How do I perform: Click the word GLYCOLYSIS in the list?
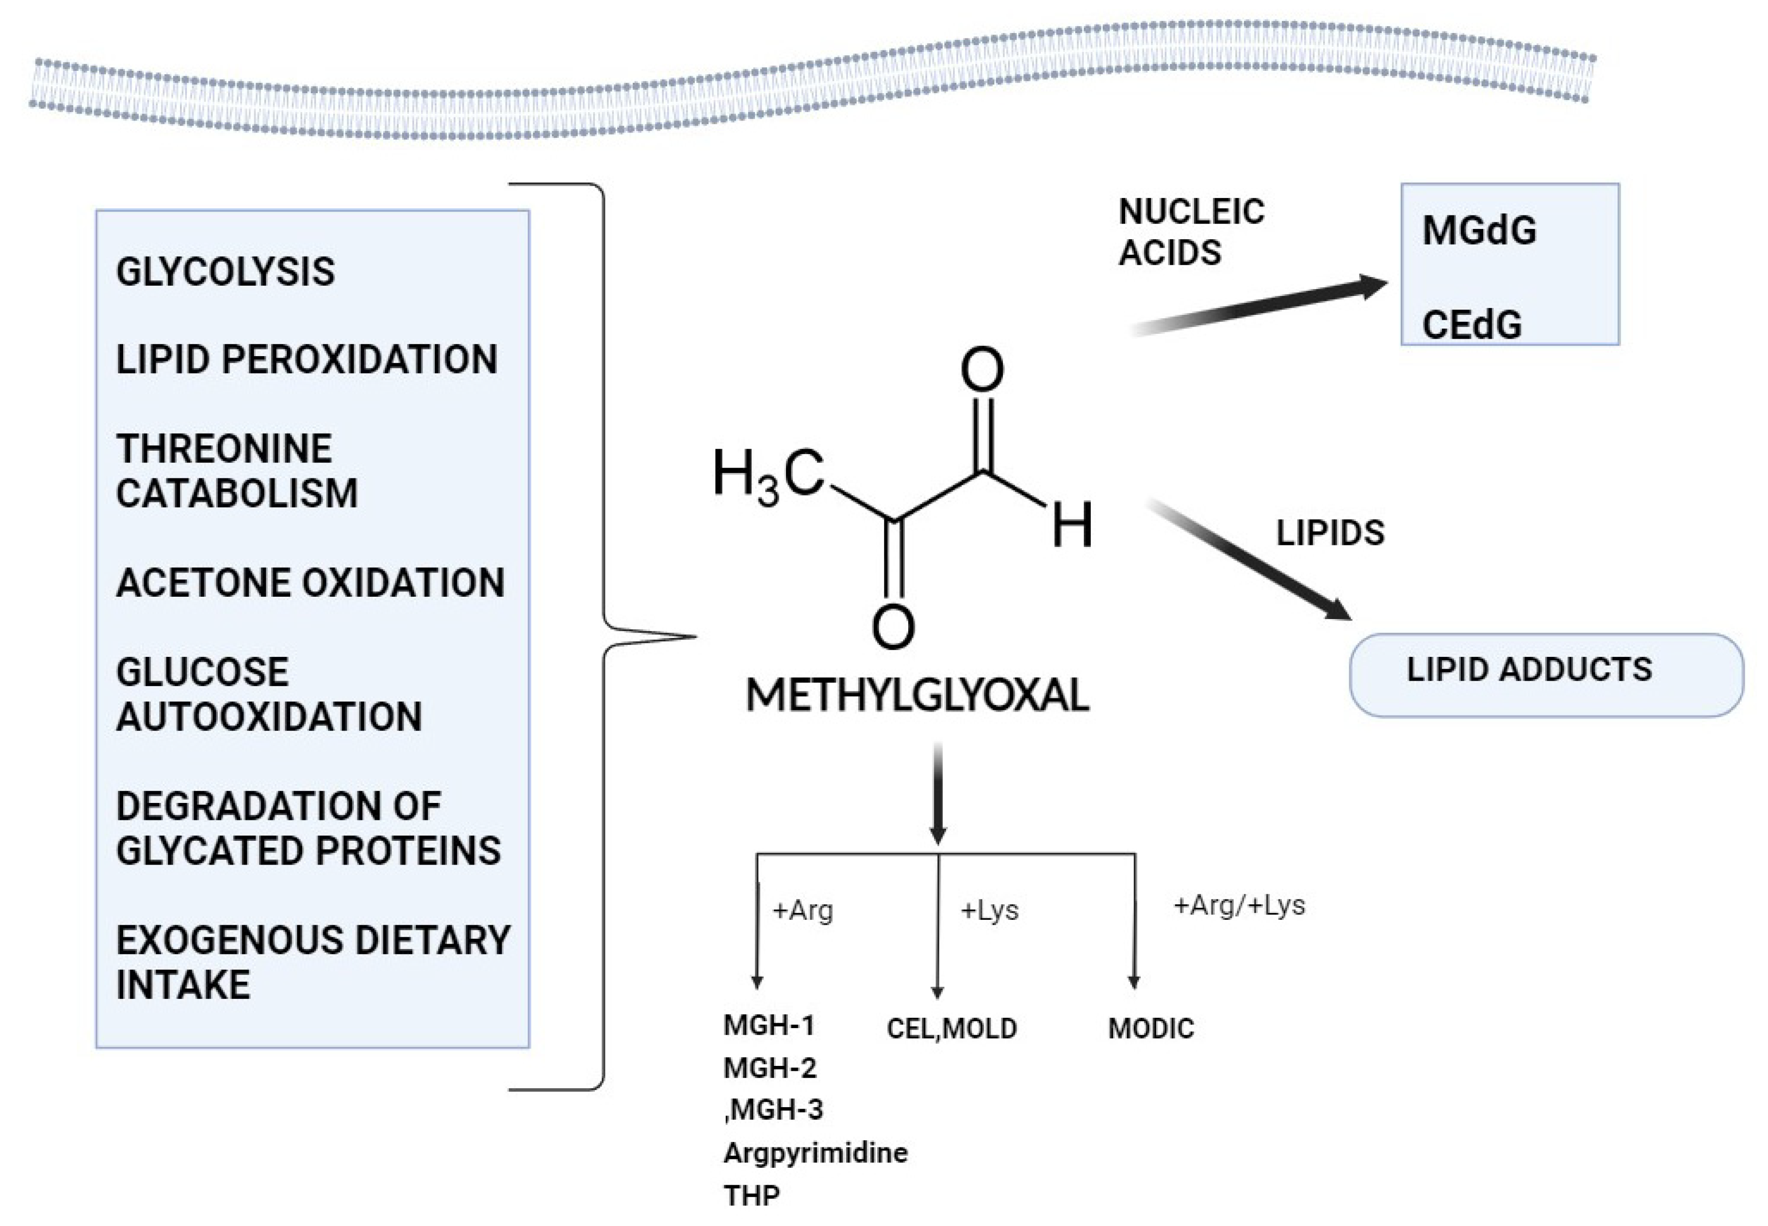click(225, 272)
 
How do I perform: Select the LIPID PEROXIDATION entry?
click(307, 360)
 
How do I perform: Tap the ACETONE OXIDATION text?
click(310, 583)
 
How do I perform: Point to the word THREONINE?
click(224, 449)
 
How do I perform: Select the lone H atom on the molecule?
click(1071, 526)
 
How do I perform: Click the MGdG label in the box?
click(1478, 230)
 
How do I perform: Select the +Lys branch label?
click(989, 911)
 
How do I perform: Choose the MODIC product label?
click(1150, 1029)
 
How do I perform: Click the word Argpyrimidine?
click(815, 1152)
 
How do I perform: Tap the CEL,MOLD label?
click(951, 1029)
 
